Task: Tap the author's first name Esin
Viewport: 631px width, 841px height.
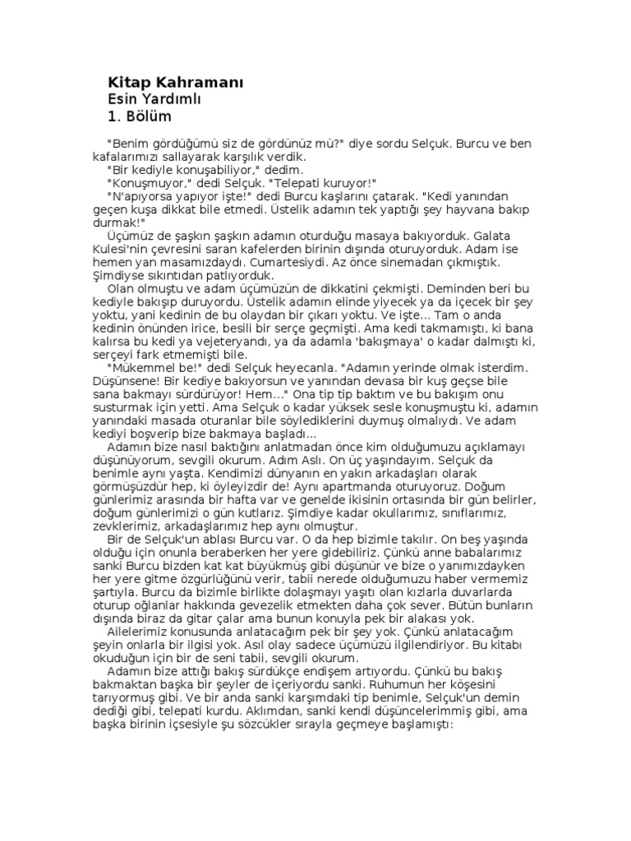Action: [x=123, y=99]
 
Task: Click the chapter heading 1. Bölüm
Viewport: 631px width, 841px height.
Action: [x=139, y=117]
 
